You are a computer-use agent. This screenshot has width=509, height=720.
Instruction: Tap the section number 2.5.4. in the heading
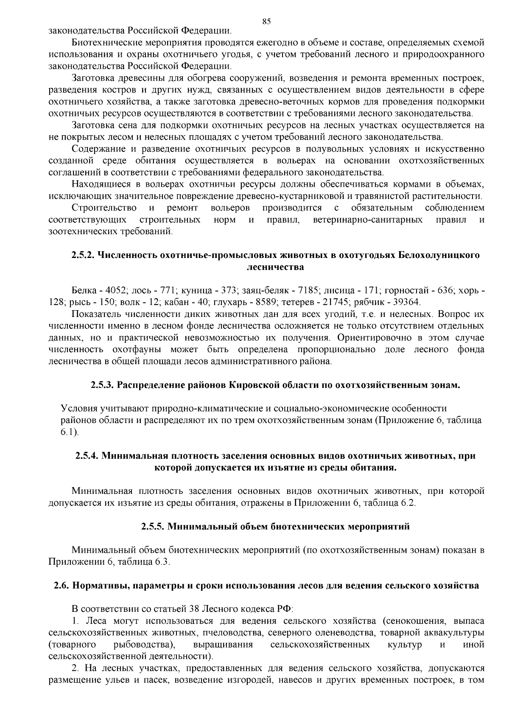pos(88,456)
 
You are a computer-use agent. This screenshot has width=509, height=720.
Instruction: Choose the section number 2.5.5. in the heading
pos(153,527)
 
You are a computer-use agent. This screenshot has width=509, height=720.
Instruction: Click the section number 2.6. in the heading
pos(62,586)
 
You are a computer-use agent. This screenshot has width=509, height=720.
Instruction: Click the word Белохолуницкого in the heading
pos(439,255)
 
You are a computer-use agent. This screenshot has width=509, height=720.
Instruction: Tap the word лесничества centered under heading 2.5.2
pos(275,267)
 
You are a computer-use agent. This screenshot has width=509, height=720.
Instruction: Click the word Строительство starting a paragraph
pos(104,208)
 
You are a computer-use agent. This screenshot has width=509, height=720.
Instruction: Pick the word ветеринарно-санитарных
pos(367,220)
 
